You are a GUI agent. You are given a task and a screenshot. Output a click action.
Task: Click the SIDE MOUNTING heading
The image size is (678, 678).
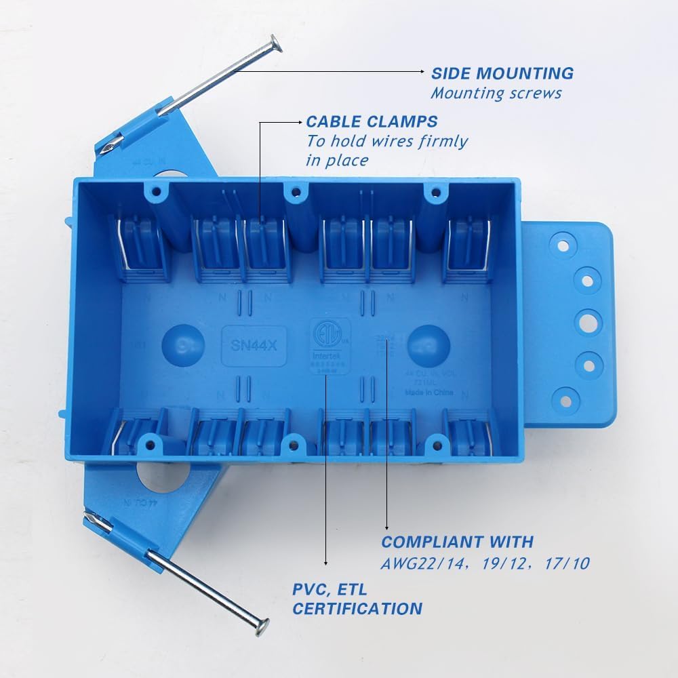[x=502, y=73]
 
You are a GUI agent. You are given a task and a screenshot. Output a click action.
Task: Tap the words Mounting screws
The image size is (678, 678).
[x=496, y=94]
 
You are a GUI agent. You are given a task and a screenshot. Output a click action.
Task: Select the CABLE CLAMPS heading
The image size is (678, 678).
[x=372, y=122]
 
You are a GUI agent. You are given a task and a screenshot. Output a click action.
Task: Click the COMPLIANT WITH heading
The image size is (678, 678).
[x=457, y=542]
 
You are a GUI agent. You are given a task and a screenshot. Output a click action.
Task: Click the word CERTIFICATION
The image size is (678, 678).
[x=357, y=608]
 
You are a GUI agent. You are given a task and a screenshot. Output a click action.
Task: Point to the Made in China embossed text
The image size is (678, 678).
[x=429, y=392]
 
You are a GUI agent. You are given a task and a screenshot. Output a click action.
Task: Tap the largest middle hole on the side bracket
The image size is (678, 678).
[x=588, y=321]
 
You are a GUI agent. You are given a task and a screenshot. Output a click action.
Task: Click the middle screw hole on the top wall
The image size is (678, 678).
[x=294, y=193]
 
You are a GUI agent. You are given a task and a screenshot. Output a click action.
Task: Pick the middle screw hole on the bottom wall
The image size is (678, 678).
[x=294, y=445]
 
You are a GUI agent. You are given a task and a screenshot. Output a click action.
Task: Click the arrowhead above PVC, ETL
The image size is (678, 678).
[x=327, y=562]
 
